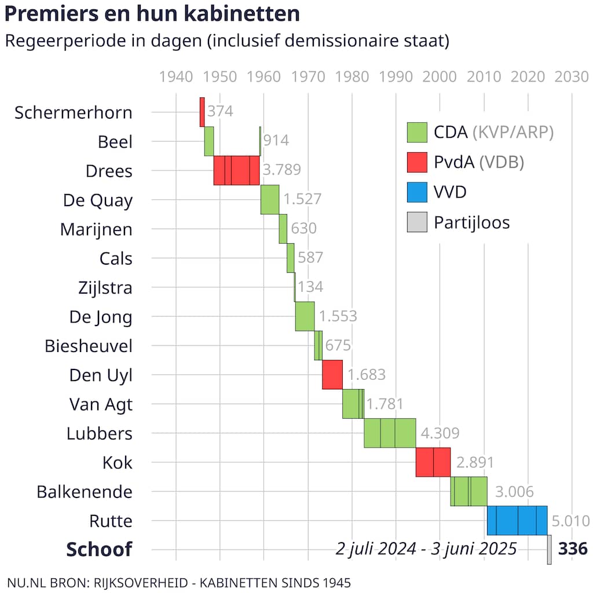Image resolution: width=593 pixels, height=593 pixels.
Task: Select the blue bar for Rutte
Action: click(x=517, y=520)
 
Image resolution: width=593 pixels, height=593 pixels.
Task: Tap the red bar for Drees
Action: click(x=236, y=170)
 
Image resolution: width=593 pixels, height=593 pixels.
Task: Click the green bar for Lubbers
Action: click(x=390, y=433)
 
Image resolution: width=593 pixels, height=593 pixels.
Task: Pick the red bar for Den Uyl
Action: click(x=332, y=375)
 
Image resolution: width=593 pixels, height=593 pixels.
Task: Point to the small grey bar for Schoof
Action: click(x=549, y=549)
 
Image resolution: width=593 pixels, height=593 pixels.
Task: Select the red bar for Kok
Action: click(x=433, y=462)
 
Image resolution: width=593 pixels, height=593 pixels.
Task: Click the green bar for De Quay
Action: click(x=270, y=200)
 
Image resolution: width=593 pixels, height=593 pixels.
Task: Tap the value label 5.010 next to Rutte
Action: click(x=570, y=521)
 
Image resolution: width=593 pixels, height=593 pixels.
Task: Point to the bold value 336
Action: click(x=572, y=548)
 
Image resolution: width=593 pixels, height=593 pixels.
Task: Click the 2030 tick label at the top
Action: click(x=572, y=77)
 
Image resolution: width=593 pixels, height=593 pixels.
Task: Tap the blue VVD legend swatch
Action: click(x=417, y=192)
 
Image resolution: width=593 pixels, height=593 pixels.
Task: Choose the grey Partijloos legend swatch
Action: click(x=417, y=222)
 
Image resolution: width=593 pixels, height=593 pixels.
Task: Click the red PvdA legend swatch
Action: click(x=417, y=162)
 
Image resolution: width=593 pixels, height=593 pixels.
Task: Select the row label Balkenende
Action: click(x=85, y=492)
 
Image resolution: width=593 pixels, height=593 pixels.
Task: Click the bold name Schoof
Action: click(x=99, y=549)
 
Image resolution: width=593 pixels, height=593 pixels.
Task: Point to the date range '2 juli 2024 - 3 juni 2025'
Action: click(x=426, y=548)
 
